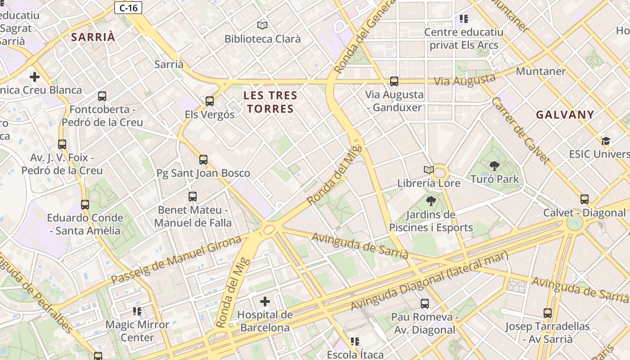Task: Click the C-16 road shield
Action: [128, 8]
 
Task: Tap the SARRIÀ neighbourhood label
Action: [93, 37]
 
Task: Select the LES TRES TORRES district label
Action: [270, 102]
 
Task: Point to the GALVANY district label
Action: [565, 115]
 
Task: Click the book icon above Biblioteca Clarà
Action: [262, 25]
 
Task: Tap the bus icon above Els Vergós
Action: [210, 101]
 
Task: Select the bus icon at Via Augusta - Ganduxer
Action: [394, 81]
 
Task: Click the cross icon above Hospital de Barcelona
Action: [265, 301]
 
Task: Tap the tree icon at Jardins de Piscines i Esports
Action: [431, 201]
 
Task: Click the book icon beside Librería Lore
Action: [429, 170]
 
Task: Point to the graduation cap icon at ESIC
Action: [606, 141]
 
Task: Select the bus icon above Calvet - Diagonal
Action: [585, 199]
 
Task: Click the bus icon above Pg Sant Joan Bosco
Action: [203, 159]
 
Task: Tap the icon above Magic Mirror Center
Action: [137, 311]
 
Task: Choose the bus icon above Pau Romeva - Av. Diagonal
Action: [424, 304]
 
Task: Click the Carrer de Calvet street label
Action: [521, 130]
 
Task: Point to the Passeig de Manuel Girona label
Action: [176, 260]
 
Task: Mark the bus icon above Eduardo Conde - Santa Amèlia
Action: [85, 205]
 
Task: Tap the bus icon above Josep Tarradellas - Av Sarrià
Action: [547, 313]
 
